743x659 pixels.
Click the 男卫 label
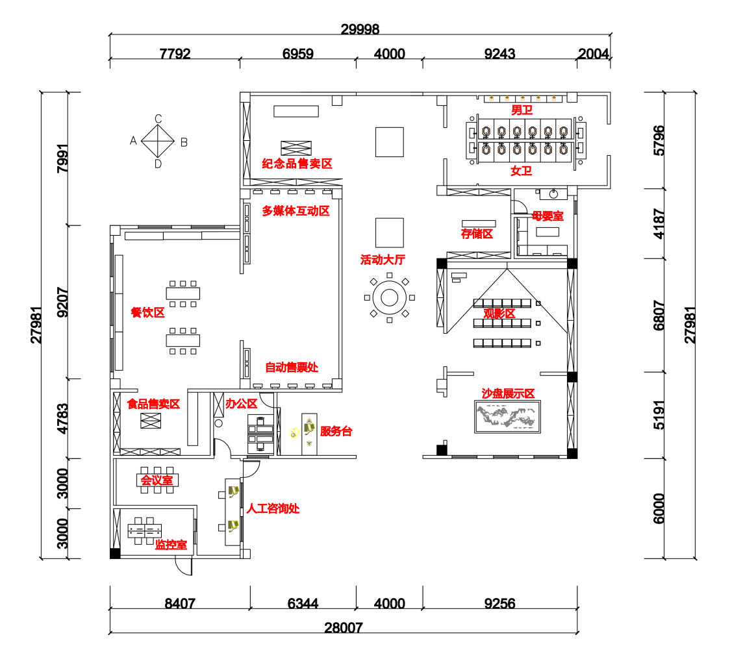522,110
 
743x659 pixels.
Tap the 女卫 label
521,171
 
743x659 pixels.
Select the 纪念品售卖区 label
297,164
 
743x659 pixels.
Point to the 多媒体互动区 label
296,211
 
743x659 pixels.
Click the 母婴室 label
548,216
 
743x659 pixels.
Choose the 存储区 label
477,234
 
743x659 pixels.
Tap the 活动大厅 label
383,260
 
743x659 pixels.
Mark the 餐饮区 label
147,312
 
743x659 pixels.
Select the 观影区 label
499,314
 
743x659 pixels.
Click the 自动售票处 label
292,367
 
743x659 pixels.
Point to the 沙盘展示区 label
508,393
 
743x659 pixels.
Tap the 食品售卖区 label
153,404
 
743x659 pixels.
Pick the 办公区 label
242,404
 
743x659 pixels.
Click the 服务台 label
336,432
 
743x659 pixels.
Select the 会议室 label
157,480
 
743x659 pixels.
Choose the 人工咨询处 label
273,508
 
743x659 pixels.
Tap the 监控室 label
171,545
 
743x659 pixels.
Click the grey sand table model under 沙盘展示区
506,417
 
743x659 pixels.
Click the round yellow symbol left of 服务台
294,433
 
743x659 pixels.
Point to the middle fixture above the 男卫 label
523,99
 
